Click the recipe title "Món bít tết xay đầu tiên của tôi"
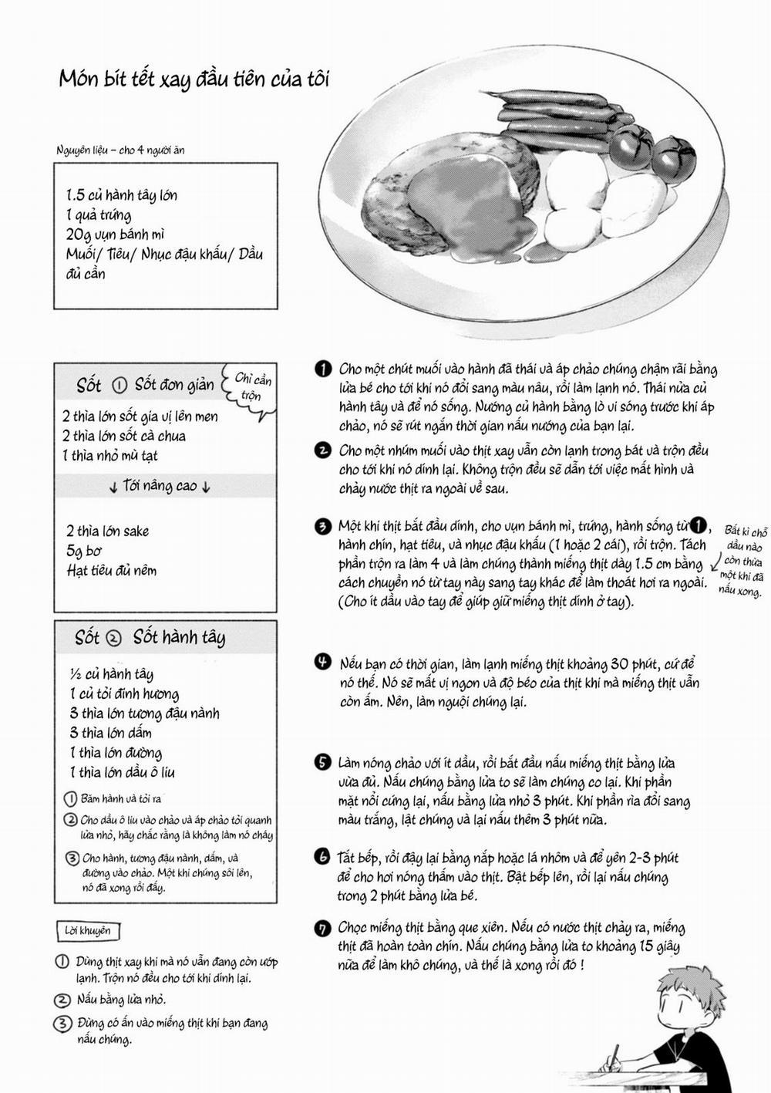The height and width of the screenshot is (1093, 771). [x=194, y=79]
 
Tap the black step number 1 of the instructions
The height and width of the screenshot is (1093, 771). [x=323, y=369]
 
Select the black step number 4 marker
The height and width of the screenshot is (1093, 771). [x=323, y=663]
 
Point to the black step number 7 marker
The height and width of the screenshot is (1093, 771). [x=323, y=928]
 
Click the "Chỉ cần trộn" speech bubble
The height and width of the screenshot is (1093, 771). [x=251, y=387]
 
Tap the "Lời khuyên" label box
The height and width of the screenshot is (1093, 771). [x=88, y=931]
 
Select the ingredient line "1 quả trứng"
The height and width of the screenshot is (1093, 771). [x=99, y=215]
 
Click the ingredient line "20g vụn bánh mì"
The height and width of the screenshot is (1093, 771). [x=116, y=234]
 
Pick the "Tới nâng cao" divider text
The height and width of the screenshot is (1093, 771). [x=160, y=486]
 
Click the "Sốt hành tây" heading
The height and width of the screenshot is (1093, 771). [x=179, y=637]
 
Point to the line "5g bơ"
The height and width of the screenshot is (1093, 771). [x=84, y=551]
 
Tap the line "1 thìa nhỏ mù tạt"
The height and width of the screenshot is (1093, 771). [x=110, y=455]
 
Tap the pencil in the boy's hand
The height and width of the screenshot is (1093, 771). [x=614, y=1058]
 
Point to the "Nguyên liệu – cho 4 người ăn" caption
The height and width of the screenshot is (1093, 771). [x=120, y=150]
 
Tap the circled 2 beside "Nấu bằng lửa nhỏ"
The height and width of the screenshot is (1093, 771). [x=62, y=1000]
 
